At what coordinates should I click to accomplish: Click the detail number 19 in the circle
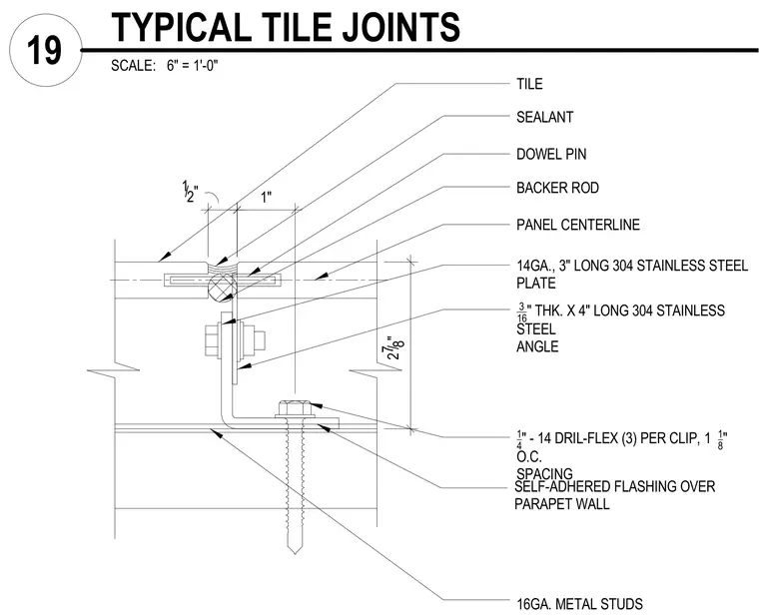click(x=45, y=50)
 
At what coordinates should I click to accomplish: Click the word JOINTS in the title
click(x=401, y=27)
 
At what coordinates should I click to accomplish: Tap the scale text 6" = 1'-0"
click(x=193, y=65)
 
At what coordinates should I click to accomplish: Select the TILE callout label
click(x=529, y=84)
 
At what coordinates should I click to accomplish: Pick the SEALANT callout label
click(x=545, y=117)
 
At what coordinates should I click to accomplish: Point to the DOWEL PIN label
click(x=551, y=155)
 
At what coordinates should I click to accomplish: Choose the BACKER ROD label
click(x=557, y=188)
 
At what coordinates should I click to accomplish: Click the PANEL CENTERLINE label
click(x=578, y=225)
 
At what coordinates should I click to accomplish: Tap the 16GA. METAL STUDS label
click(x=580, y=604)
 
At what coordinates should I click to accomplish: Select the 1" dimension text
click(x=267, y=198)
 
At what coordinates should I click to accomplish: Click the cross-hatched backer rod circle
click(x=222, y=288)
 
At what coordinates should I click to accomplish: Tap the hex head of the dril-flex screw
click(x=293, y=408)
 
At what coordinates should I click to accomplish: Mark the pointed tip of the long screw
click(x=294, y=553)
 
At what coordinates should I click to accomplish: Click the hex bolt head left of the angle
click(x=212, y=339)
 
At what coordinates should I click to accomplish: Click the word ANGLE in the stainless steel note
click(x=537, y=346)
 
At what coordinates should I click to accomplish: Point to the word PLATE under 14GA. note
click(x=536, y=284)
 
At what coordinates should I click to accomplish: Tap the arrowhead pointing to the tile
click(x=165, y=256)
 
